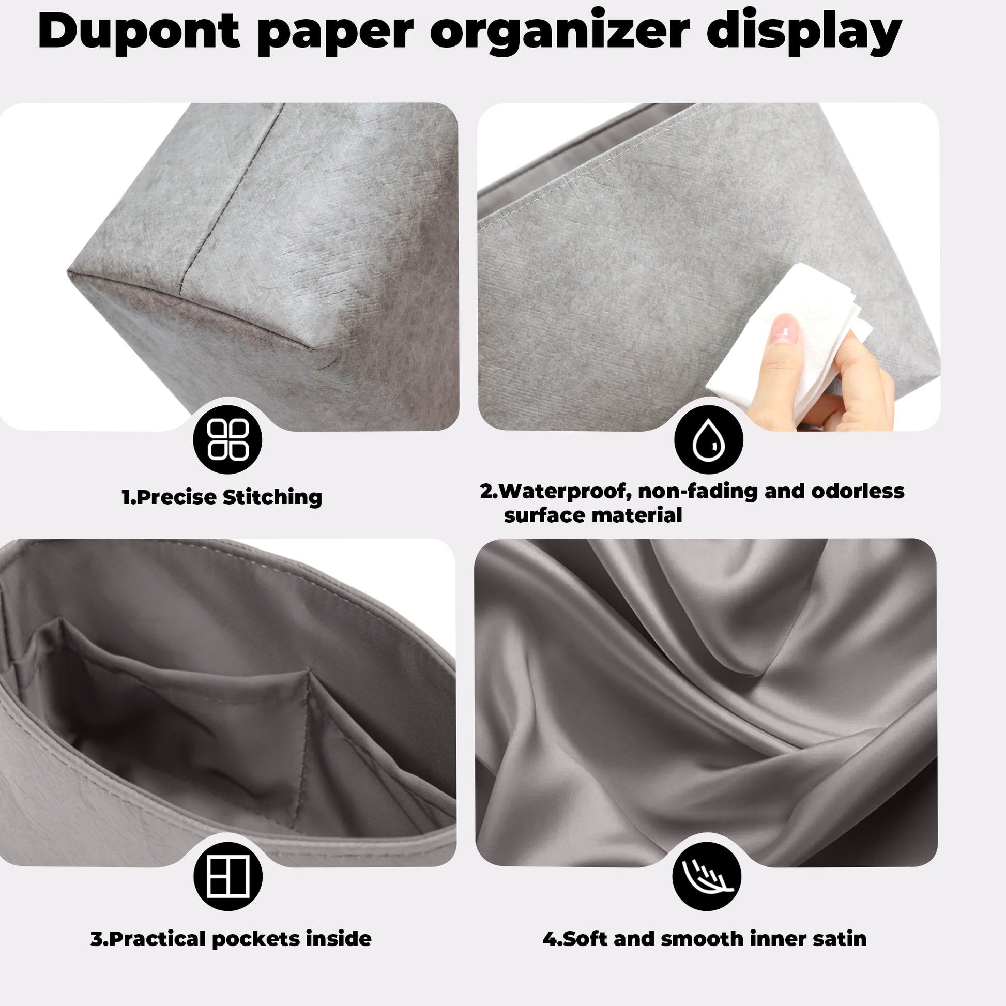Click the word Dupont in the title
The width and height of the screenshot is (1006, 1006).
pos(139,31)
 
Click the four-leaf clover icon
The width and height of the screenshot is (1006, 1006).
pos(227,439)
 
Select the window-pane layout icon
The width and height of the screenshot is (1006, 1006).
pos(227,876)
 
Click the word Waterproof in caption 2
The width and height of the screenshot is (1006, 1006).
pos(565,491)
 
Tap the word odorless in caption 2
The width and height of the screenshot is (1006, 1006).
pos(858,491)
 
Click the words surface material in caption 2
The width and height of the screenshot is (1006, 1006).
pos(592,515)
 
